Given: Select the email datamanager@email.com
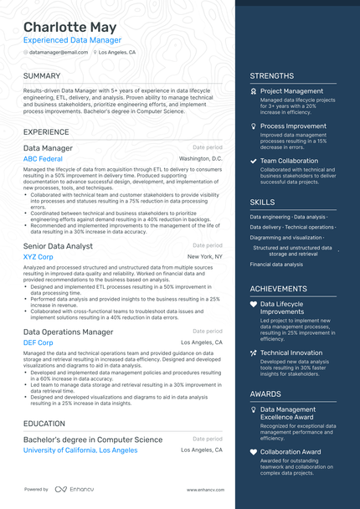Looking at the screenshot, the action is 58,52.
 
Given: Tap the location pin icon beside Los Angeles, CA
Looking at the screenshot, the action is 95,52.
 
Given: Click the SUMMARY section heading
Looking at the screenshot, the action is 42,75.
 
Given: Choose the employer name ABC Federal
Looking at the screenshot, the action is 43,158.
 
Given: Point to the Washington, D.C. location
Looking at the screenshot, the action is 201,158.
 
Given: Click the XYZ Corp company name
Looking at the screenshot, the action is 39,257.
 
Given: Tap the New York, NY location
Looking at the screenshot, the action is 205,257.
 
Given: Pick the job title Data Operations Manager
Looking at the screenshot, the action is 68,332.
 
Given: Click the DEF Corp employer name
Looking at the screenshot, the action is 39,342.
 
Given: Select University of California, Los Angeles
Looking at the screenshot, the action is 80,450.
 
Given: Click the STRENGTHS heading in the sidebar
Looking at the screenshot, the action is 271,75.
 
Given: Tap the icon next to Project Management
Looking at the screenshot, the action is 254,91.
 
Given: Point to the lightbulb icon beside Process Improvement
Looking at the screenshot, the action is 254,126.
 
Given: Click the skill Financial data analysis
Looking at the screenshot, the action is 276,264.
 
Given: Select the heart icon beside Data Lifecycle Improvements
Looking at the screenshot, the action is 254,305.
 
